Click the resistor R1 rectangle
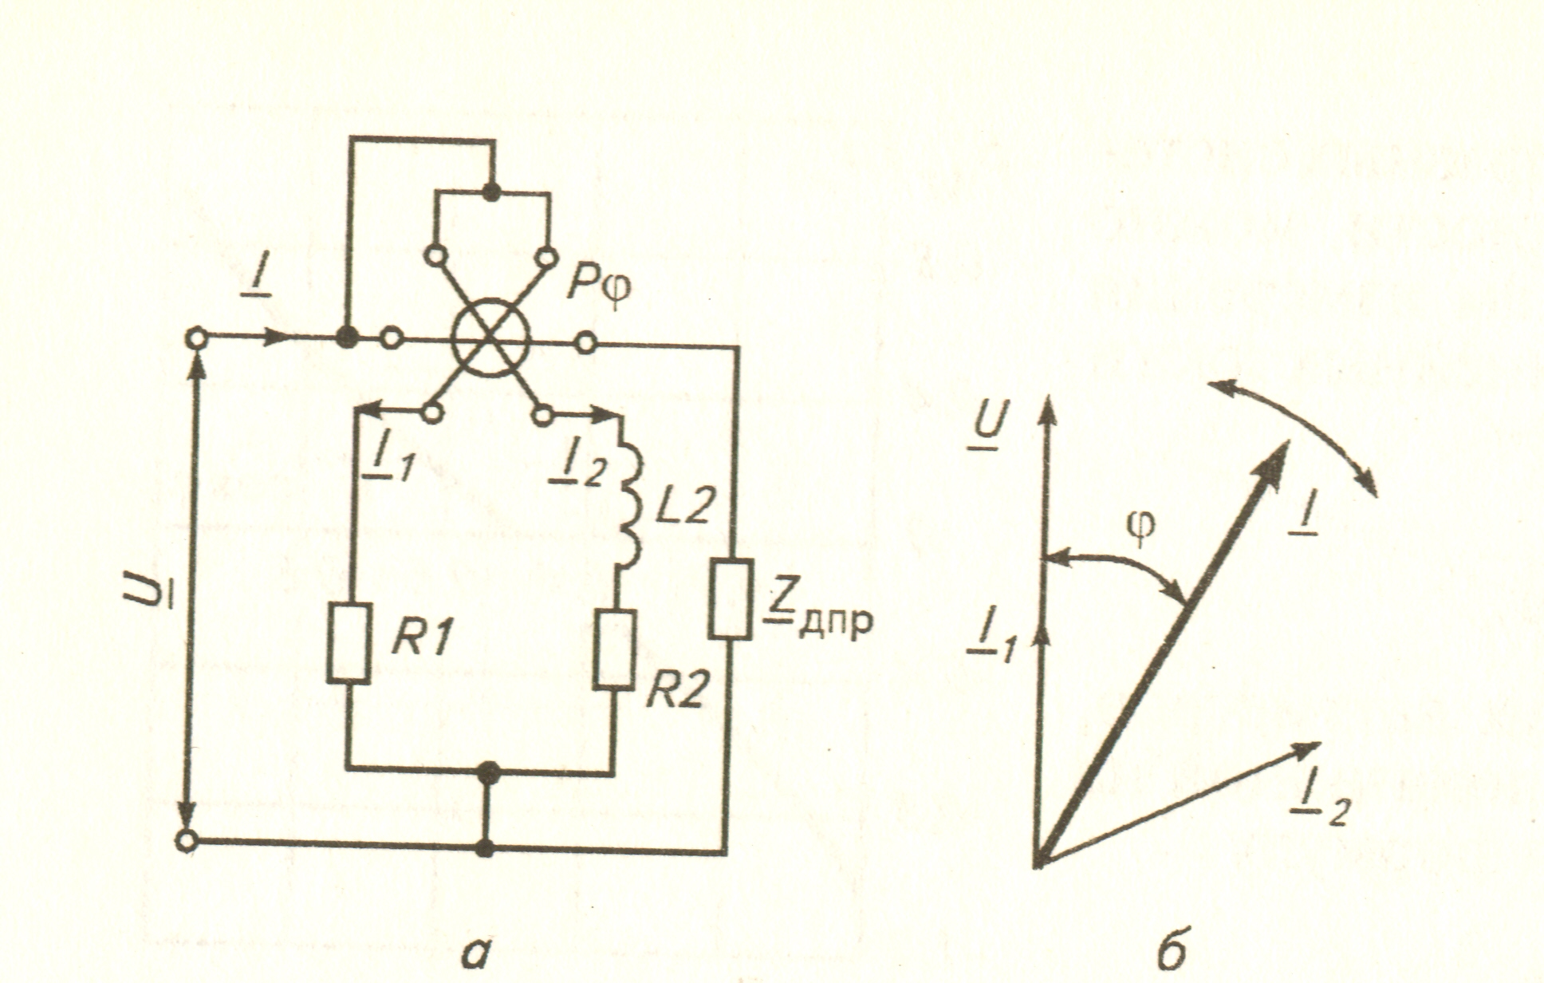pos(349,644)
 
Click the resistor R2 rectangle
pos(616,650)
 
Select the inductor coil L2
pos(630,506)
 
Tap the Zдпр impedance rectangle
pos(731,598)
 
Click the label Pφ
pos(598,285)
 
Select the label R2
pos(675,693)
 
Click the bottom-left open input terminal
pos(187,841)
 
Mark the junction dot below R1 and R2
pos(488,772)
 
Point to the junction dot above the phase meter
pos(492,191)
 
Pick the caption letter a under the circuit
pos(475,954)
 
